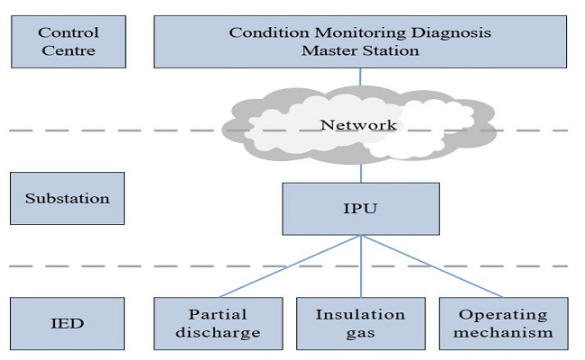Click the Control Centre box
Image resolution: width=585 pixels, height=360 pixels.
(67, 42)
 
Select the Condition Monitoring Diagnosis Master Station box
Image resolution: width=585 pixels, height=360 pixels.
(360, 42)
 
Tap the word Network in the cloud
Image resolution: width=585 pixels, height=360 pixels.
(358, 125)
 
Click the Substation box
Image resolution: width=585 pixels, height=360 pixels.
(67, 198)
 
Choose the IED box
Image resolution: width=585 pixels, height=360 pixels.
(67, 322)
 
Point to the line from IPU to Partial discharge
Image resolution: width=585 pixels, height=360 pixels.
(288, 267)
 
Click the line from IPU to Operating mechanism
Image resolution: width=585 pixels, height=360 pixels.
(432, 267)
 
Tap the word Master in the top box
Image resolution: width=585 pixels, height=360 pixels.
(328, 51)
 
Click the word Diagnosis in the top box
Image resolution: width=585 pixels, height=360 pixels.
(454, 33)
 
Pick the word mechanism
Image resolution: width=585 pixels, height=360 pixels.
(502, 332)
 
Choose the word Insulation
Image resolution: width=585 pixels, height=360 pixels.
(360, 314)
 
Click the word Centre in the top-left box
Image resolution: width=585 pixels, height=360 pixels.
(67, 51)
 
